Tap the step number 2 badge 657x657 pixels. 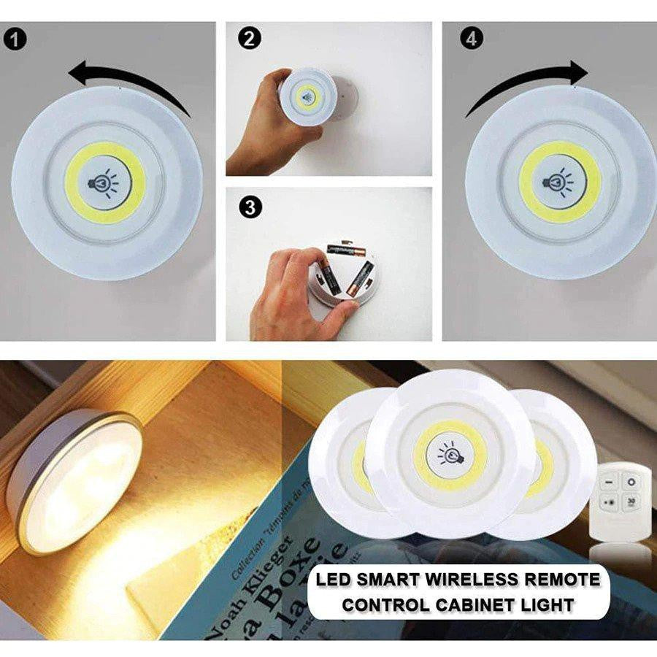pyautogui.click(x=250, y=39)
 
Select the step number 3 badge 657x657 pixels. pyautogui.click(x=250, y=207)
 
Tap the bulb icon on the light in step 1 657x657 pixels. pyautogui.click(x=104, y=182)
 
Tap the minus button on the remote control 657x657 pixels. pyautogui.click(x=610, y=483)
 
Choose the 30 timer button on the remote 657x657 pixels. pyautogui.click(x=631, y=502)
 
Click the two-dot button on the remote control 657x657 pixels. pyautogui.click(x=610, y=502)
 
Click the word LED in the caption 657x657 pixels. pyautogui.click(x=333, y=580)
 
